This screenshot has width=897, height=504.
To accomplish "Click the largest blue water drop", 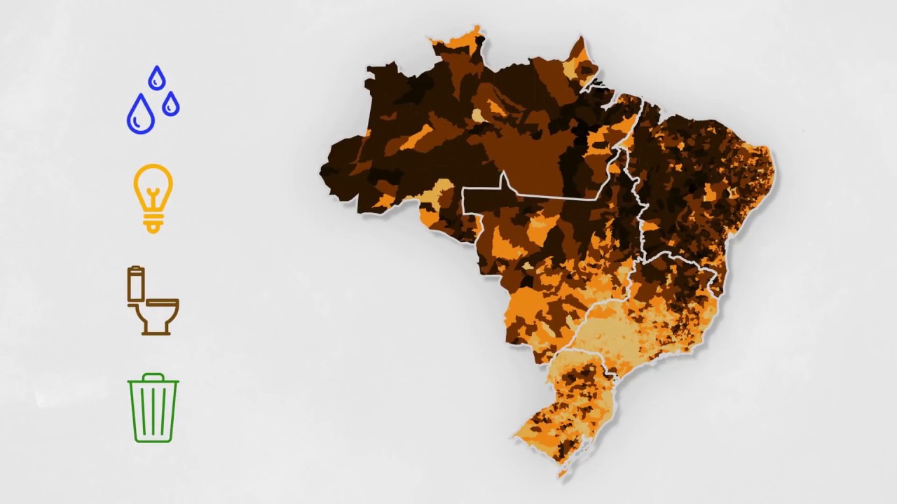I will tap(140, 115).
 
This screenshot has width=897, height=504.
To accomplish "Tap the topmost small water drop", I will tap(157, 78).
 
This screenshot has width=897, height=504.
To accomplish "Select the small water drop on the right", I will tap(170, 105).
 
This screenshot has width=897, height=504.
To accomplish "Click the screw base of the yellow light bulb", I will tap(153, 223).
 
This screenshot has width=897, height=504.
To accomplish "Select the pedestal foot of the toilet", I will tap(156, 329).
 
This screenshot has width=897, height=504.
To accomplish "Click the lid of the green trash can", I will tap(153, 382).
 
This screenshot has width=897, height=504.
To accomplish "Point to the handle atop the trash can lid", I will tap(153, 376).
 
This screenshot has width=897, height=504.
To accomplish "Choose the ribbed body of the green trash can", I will tap(153, 413).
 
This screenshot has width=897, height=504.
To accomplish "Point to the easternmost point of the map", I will tap(774, 165).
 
